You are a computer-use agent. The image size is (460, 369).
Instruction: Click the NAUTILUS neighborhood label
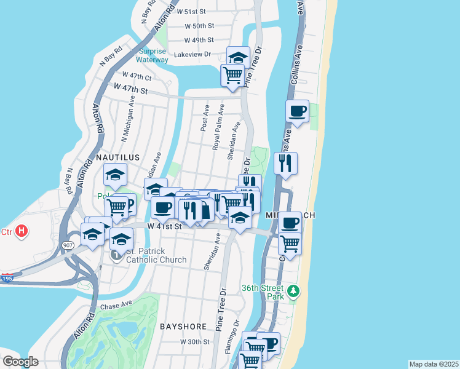(115, 157)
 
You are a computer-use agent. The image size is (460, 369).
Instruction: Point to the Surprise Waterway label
(153, 55)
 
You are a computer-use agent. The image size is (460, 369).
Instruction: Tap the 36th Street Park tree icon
(295, 290)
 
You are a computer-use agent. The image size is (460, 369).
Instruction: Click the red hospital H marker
(22, 231)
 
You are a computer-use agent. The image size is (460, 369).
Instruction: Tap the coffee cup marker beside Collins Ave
(298, 111)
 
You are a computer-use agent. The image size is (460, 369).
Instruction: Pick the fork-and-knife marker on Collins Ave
(285, 163)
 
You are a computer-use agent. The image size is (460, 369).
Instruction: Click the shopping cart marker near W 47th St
(233, 76)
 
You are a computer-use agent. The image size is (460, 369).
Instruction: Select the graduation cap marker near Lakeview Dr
(238, 58)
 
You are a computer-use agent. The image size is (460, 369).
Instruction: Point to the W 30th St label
(194, 342)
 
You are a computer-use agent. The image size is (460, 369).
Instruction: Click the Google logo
(20, 362)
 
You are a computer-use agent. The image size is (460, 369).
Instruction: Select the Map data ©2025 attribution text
(434, 364)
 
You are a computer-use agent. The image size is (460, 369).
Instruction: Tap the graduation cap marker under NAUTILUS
(115, 175)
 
